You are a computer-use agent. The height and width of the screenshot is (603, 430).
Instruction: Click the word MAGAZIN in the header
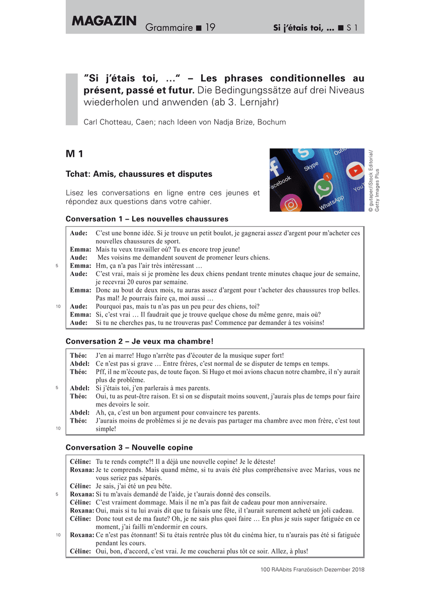[104, 21]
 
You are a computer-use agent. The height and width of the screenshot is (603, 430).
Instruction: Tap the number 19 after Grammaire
[210, 28]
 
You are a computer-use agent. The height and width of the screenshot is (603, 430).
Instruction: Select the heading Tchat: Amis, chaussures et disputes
[139, 174]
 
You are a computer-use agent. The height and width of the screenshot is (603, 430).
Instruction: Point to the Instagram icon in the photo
[290, 204]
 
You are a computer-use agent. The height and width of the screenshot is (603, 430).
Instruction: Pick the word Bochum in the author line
[272, 122]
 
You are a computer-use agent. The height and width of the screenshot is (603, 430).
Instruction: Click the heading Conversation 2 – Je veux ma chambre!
[139, 341]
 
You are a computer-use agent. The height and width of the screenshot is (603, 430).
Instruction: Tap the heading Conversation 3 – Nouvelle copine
[129, 447]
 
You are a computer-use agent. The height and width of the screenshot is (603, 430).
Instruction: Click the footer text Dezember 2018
[346, 569]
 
